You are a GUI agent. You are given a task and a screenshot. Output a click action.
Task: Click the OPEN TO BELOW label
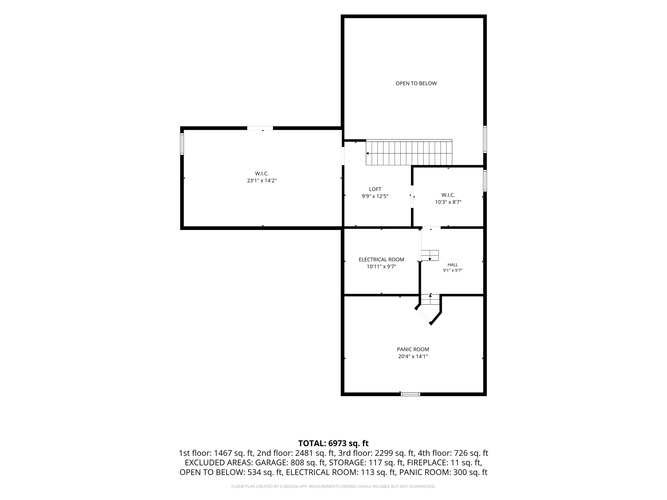click(416, 83)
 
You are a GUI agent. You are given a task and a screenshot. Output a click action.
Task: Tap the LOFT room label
click(375, 189)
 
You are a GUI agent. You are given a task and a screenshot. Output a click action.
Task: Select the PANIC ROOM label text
click(413, 349)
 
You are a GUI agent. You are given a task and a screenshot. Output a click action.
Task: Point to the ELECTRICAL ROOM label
click(381, 259)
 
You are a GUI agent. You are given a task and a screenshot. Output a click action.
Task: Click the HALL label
click(453, 265)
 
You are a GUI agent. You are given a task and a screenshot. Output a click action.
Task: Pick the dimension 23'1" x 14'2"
click(262, 181)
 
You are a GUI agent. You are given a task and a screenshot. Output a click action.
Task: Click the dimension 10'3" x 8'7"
click(448, 202)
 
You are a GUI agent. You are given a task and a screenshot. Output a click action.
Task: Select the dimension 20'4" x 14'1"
click(413, 356)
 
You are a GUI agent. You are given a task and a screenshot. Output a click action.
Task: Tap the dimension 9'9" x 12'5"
click(375, 196)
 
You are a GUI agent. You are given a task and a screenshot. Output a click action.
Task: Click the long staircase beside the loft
click(409, 152)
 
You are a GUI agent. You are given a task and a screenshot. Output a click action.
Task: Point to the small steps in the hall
click(430, 256)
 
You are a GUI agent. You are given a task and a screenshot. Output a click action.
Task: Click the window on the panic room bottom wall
click(410, 394)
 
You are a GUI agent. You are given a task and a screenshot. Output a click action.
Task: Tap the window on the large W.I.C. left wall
click(182, 144)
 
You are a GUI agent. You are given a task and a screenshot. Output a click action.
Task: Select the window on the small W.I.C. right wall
click(485, 181)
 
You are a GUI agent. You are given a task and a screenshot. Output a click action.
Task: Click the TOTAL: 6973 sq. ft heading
click(333, 443)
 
